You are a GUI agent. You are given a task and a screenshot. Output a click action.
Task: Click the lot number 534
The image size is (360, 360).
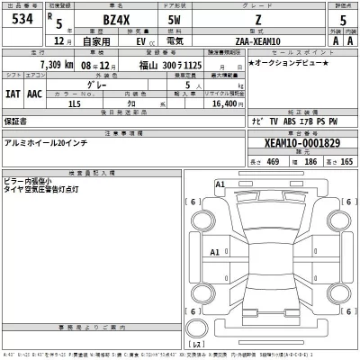pos(22,21)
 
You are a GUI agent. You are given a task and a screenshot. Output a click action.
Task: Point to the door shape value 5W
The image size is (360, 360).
pos(200,22)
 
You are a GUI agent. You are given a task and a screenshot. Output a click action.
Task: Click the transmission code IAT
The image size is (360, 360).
pos(13,92)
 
